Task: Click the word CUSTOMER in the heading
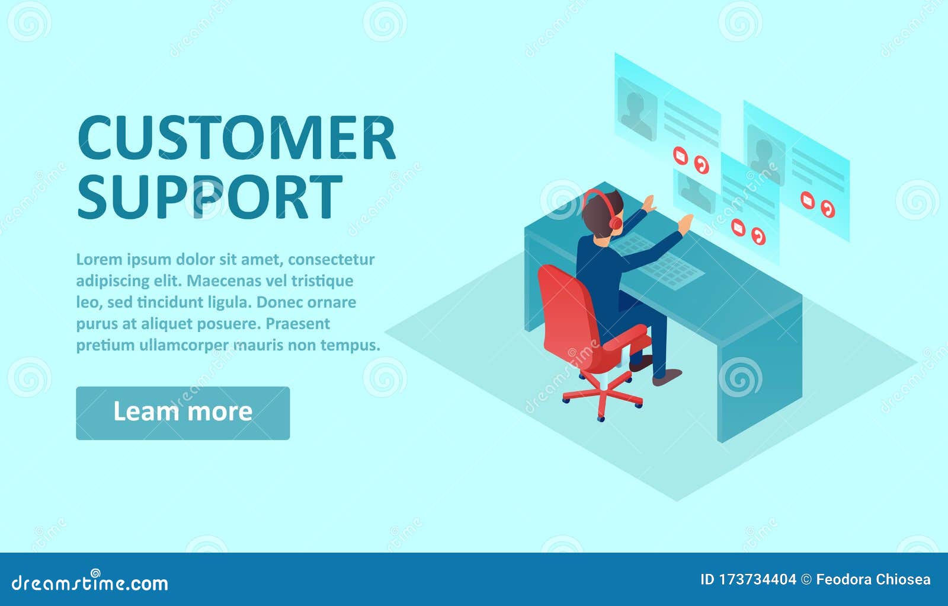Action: pyautogui.click(x=236, y=138)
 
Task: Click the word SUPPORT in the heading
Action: pyautogui.click(x=210, y=197)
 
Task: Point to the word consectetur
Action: pyautogui.click(x=331, y=259)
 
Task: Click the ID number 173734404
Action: pyautogui.click(x=758, y=579)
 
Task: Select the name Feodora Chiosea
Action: pyautogui.click(x=873, y=579)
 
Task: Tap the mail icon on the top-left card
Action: pyautogui.click(x=681, y=155)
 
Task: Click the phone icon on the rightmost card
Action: pyautogui.click(x=828, y=209)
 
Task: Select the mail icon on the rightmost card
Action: pyautogui.click(x=808, y=200)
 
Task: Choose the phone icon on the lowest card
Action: pyautogui.click(x=758, y=236)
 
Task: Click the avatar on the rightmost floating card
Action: pyautogui.click(x=766, y=155)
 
